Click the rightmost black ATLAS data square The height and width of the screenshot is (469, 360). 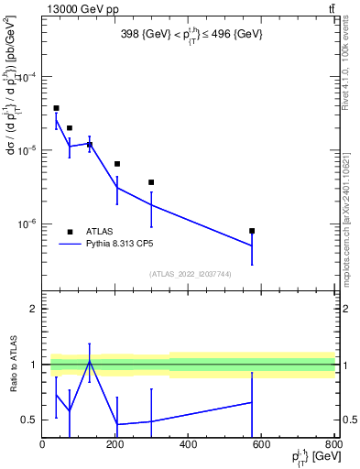252,231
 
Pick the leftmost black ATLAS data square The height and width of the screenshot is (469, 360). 56,108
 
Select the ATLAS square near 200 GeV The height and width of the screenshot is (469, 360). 117,164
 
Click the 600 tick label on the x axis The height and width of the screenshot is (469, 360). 262,445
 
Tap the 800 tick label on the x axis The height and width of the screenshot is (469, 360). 333,445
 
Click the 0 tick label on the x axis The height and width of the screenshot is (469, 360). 43,445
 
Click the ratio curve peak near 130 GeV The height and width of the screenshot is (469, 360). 90,360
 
